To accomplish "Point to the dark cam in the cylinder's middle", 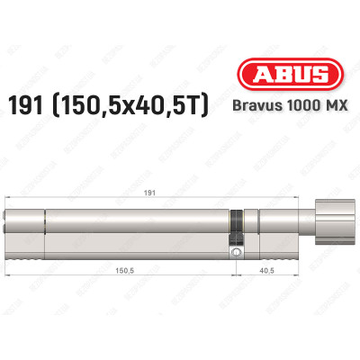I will [236, 224].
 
